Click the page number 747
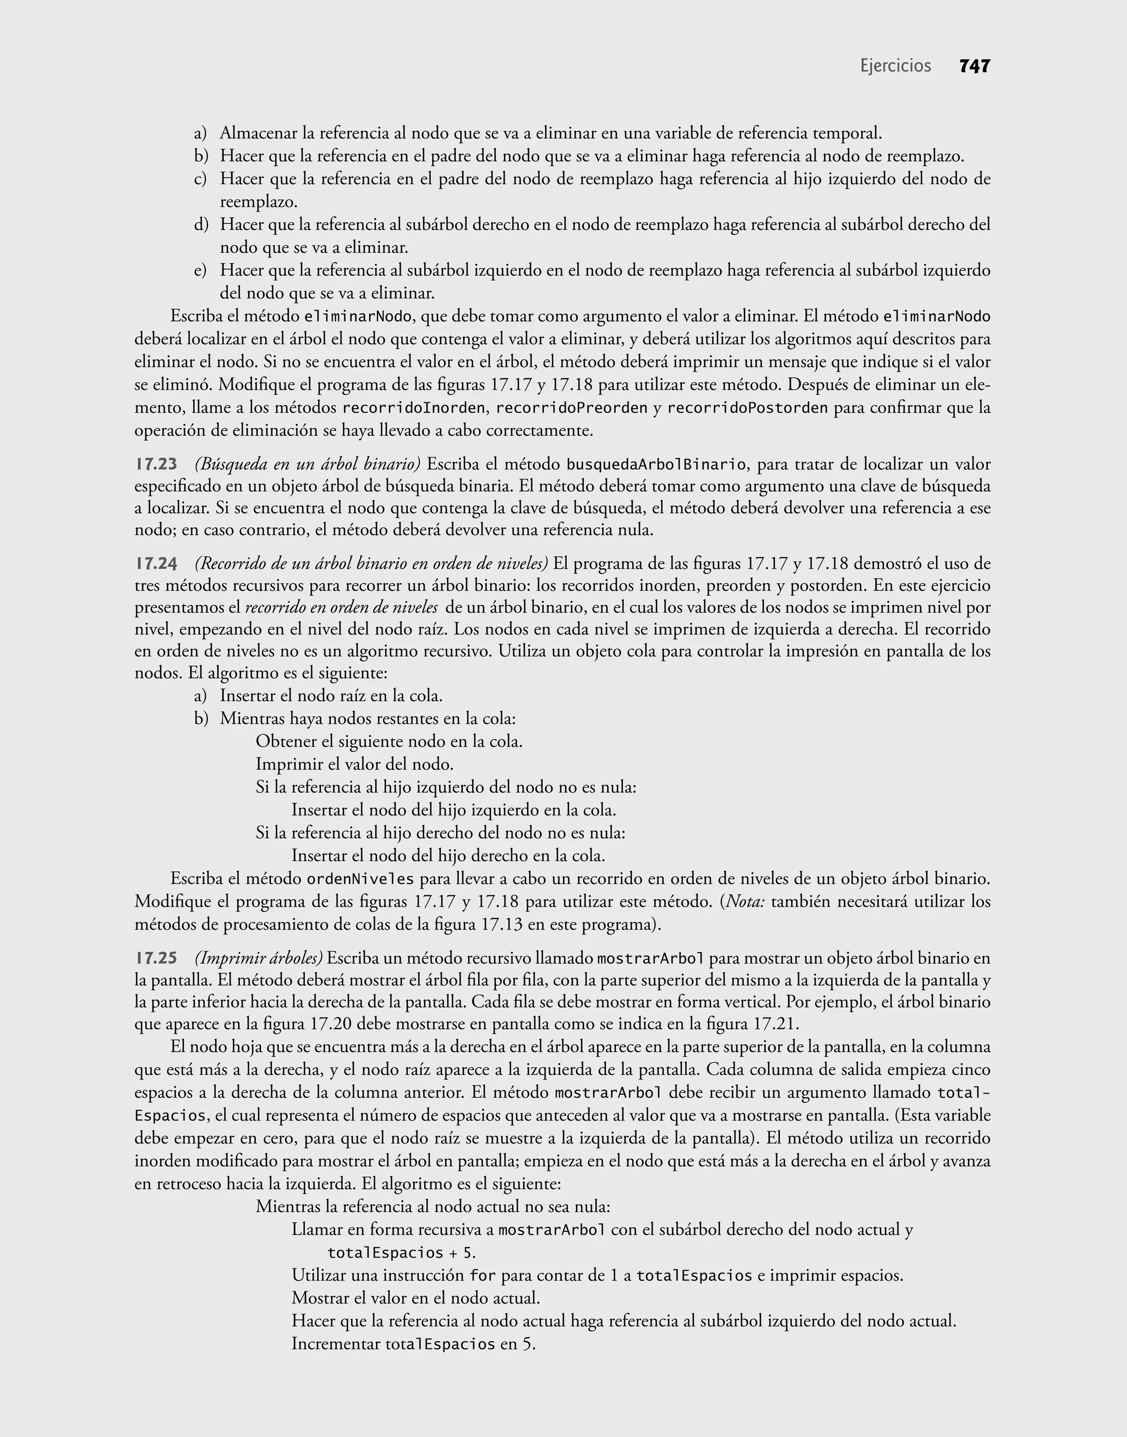(x=975, y=66)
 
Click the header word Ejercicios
(x=895, y=66)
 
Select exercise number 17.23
(x=156, y=465)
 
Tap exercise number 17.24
(x=156, y=564)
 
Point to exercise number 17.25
(x=156, y=958)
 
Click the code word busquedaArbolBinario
(x=656, y=465)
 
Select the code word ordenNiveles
(x=360, y=879)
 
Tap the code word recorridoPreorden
(x=571, y=408)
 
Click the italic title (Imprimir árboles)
(x=259, y=958)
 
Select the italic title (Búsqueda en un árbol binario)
(x=308, y=465)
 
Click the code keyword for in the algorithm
(x=483, y=1275)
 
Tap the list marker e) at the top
(x=201, y=271)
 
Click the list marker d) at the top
(x=201, y=225)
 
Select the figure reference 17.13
(x=501, y=925)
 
